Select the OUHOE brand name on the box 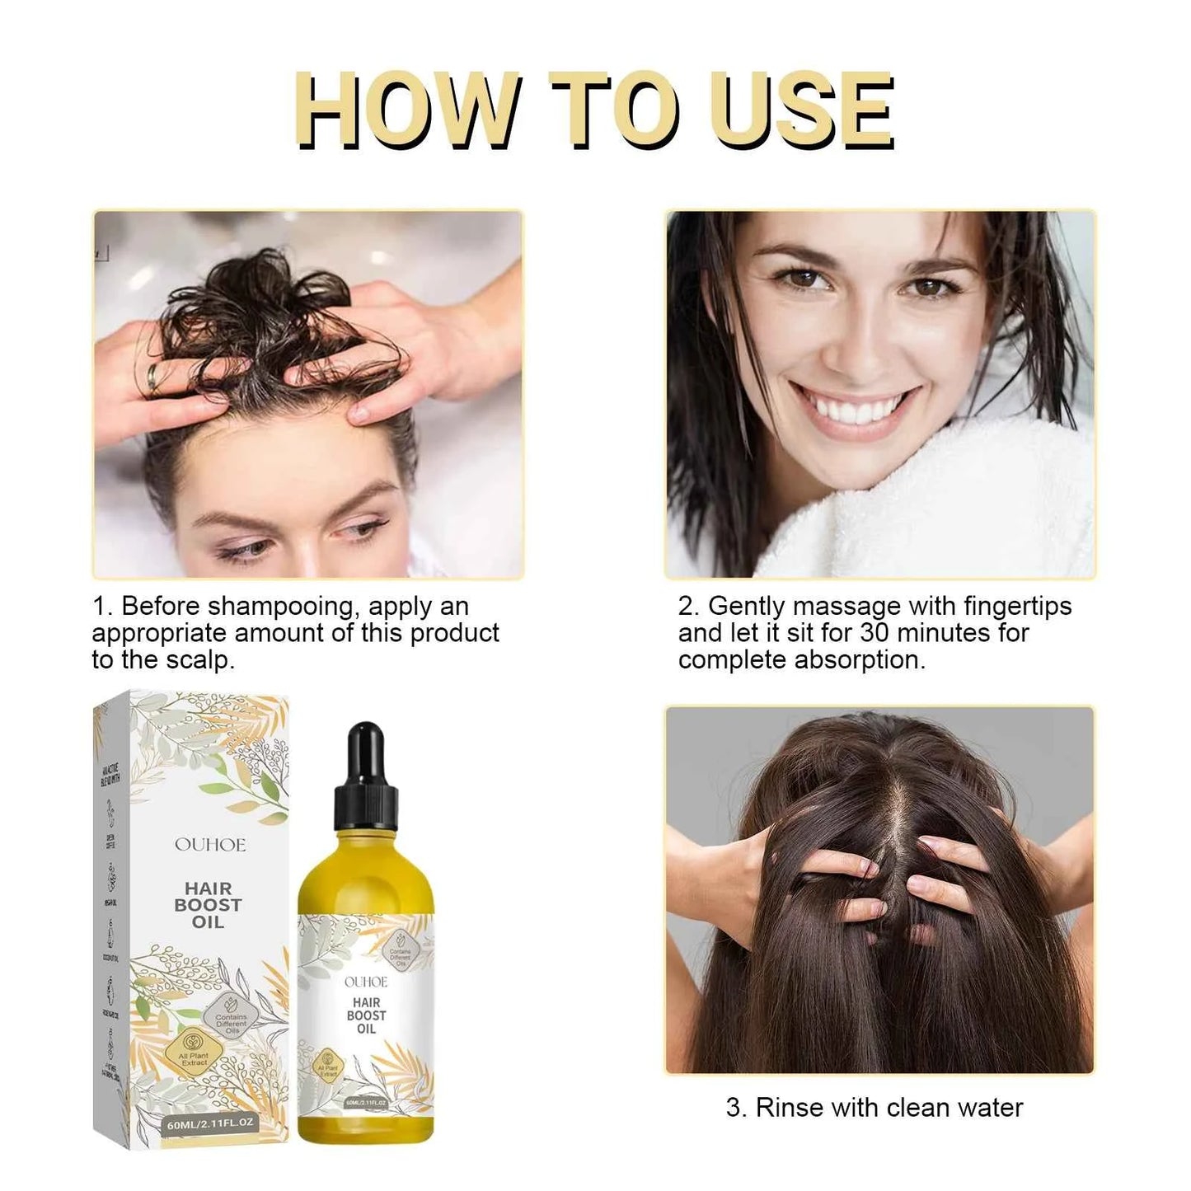(x=209, y=845)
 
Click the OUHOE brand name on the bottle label (x=365, y=982)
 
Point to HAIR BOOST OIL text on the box (x=208, y=904)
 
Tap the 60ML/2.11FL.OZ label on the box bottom (x=211, y=1123)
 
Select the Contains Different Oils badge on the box (x=231, y=1020)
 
